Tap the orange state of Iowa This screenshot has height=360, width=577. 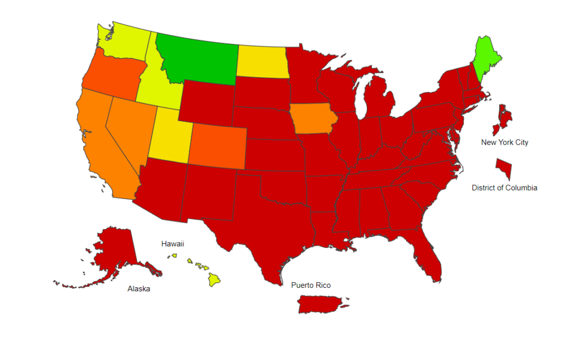click(313, 118)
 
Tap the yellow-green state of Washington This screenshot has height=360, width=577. click(124, 42)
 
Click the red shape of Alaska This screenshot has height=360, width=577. click(116, 251)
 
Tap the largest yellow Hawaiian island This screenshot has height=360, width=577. click(214, 278)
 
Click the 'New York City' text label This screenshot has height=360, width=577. click(504, 143)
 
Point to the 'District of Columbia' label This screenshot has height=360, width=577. click(504, 188)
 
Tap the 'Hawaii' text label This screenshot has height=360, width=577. click(172, 244)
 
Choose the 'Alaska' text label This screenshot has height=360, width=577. click(139, 289)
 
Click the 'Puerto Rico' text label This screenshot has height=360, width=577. click(310, 286)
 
